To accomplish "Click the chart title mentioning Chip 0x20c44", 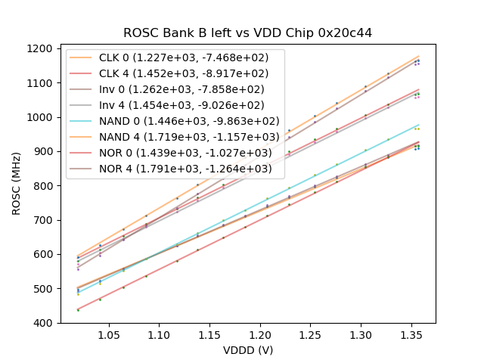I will point(248,33).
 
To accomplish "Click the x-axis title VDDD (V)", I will point(248,350).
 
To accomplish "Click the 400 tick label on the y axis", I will point(45,323).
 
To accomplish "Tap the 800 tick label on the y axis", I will point(45,186).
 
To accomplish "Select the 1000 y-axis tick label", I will point(42,117).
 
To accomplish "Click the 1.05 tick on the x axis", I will point(109,334).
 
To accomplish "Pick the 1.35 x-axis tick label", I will point(259,334).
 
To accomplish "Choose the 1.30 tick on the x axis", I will point(234,334).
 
